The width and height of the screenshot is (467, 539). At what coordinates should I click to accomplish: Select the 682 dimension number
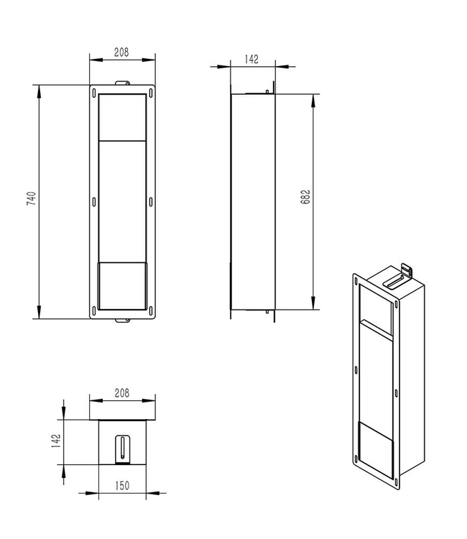[x=306, y=199]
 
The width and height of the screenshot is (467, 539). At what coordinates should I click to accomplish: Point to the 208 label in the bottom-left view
[x=121, y=393]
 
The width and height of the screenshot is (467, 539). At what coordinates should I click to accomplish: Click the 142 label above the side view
[x=251, y=60]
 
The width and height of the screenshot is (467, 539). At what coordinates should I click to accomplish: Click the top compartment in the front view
[x=121, y=116]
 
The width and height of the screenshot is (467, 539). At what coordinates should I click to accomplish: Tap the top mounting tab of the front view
[x=121, y=81]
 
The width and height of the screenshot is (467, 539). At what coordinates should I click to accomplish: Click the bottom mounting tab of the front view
[x=121, y=320]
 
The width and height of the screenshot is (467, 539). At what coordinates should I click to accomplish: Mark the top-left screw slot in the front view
[x=93, y=92]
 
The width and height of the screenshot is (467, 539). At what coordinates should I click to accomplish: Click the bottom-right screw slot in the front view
[x=152, y=310]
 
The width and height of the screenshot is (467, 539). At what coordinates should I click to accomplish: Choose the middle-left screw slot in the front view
[x=93, y=201]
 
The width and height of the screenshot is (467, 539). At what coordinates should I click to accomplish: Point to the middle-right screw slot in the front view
[x=152, y=201]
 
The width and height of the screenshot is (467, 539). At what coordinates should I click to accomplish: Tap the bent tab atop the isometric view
[x=406, y=269]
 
